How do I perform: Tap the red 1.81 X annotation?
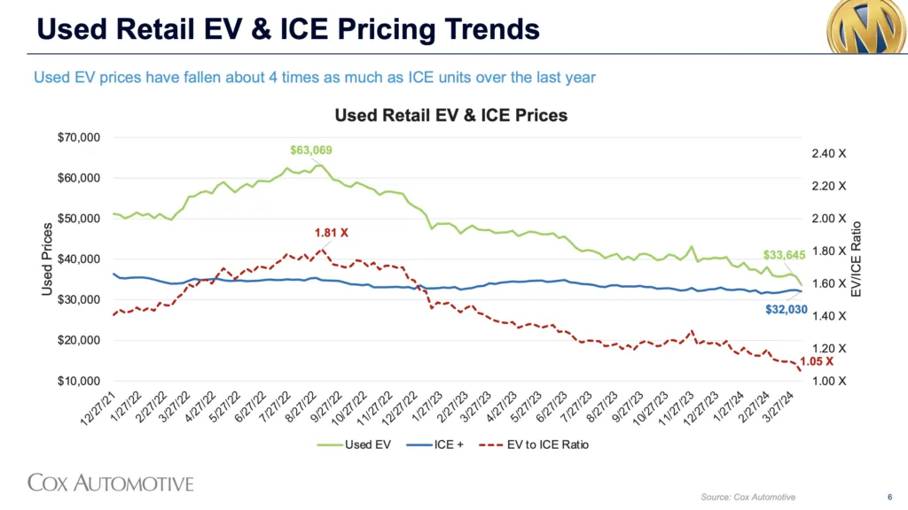tap(332, 233)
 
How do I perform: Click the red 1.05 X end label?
tap(816, 361)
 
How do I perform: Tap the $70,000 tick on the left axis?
tap(79, 137)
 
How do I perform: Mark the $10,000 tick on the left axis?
tap(79, 381)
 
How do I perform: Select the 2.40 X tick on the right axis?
tap(828, 153)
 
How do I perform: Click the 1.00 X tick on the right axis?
tap(828, 381)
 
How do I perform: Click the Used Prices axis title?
tap(47, 259)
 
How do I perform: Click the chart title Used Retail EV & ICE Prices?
tap(450, 115)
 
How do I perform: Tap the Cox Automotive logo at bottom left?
tap(111, 483)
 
